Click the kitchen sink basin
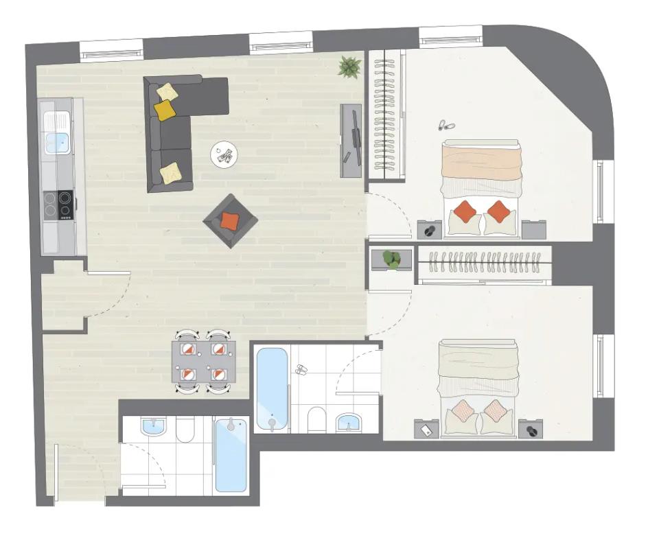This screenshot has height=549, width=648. click(x=56, y=143)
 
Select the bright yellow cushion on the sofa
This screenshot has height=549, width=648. click(x=165, y=110)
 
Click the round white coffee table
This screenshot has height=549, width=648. click(x=224, y=154)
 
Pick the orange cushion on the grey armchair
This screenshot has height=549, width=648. click(x=229, y=221)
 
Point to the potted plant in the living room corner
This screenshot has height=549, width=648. click(x=349, y=67)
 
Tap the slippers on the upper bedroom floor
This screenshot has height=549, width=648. click(x=446, y=126)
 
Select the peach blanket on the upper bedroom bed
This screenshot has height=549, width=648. click(x=481, y=163)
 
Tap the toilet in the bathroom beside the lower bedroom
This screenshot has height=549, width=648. click(x=317, y=419)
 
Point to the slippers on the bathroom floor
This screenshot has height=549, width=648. click(x=301, y=370)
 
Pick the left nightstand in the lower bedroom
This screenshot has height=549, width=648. click(x=426, y=430)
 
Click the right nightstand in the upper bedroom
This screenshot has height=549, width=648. click(x=533, y=229)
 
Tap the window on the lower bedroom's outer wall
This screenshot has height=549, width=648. click(x=599, y=366)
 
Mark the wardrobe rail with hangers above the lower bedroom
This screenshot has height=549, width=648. click(x=484, y=264)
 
